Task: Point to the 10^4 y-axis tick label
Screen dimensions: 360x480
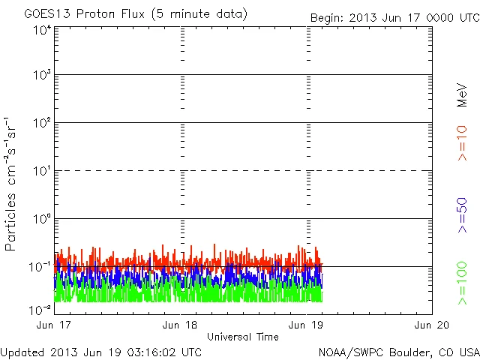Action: point(41,30)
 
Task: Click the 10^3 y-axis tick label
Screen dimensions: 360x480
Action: point(41,76)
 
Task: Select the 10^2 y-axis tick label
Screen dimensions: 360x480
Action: point(41,123)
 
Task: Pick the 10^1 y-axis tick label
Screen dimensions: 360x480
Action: point(41,171)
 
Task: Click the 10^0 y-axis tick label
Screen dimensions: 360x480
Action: point(41,219)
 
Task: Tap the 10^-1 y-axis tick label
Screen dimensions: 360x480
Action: point(40,267)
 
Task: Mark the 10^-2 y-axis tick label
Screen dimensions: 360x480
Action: point(40,309)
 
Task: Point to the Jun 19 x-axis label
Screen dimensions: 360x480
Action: point(307,325)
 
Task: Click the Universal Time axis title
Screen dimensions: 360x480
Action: point(243,337)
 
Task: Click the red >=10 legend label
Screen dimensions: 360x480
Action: point(462,143)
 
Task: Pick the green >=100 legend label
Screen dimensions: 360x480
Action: point(462,282)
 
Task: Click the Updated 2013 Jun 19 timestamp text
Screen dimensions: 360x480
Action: point(101,351)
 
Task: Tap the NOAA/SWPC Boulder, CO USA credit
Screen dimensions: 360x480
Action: point(398,351)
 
